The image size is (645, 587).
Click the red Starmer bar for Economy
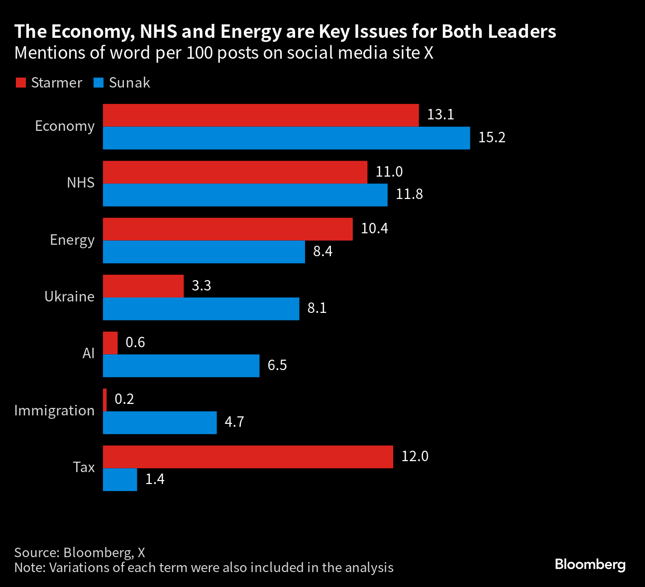click(x=261, y=115)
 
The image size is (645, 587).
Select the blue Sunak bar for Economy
click(x=286, y=138)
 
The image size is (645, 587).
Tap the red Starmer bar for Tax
click(x=248, y=457)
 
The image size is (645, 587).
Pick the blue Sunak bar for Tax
click(x=120, y=480)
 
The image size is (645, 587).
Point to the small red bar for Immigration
click(x=105, y=400)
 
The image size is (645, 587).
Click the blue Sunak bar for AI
click(x=181, y=366)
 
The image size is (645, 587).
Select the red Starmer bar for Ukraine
click(x=143, y=286)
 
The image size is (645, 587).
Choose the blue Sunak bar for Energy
click(x=204, y=252)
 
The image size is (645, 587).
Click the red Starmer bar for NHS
click(x=235, y=172)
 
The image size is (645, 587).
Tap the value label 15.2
click(x=492, y=138)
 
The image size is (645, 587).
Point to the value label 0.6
click(x=135, y=343)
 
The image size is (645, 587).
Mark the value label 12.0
click(x=415, y=457)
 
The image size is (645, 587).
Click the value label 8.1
click(x=317, y=308)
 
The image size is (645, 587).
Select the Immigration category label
click(x=54, y=411)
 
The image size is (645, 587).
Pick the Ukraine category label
click(x=69, y=297)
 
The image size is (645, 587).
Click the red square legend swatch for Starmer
click(x=20, y=83)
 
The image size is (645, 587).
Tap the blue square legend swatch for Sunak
click(x=99, y=83)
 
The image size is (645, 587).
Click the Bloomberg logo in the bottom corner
click(x=590, y=565)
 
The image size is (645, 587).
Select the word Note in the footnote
click(x=29, y=568)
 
